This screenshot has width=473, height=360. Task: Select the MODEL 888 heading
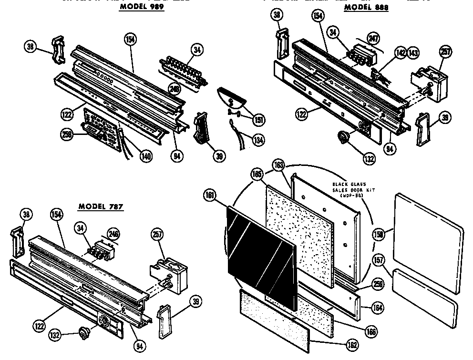pyautogui.click(x=366, y=8)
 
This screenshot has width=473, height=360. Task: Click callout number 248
pyautogui.click(x=173, y=88)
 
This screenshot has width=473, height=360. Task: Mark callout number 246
pyautogui.click(x=113, y=234)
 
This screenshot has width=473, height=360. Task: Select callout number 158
pyautogui.click(x=379, y=235)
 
